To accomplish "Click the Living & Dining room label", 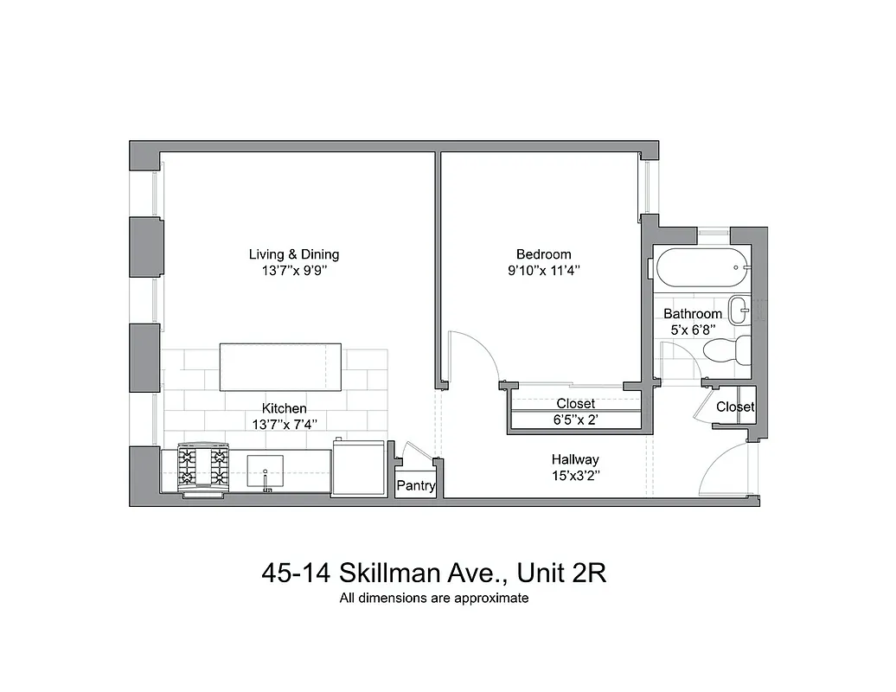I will (294, 254).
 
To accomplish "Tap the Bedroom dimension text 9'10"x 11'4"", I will (543, 270).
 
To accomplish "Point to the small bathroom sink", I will (739, 310).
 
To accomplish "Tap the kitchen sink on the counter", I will (266, 471).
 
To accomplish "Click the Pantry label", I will (415, 486).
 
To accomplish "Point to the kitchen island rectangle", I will (280, 368).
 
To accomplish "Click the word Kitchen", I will (285, 408).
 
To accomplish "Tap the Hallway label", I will (575, 459).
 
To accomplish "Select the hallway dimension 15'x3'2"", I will (575, 475).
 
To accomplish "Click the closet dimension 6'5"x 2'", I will (575, 420).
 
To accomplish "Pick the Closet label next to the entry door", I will (735, 407).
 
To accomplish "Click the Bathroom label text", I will (693, 314).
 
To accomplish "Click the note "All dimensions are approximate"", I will (433, 598).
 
